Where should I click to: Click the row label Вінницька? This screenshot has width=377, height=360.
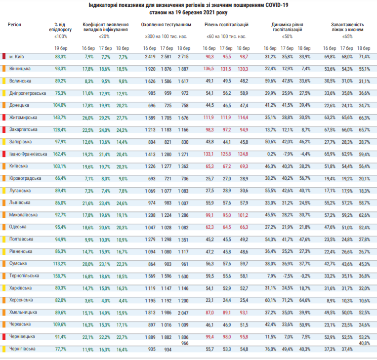tap(20, 69)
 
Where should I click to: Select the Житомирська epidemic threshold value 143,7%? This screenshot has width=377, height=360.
tap(60, 118)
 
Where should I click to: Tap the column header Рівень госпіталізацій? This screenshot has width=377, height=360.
tap(226, 25)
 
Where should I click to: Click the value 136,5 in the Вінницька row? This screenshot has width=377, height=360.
tap(209, 69)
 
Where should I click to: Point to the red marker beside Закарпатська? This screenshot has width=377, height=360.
tap(4, 129)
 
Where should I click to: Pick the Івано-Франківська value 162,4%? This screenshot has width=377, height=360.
tap(60, 154)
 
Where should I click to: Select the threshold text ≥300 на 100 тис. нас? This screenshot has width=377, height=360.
tap(166, 37)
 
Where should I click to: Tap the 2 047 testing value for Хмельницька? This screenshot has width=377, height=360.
tap(183, 313)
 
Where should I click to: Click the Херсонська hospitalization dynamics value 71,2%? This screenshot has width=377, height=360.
tap(287, 300)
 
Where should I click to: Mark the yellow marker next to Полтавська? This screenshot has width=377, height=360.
tap(4, 240)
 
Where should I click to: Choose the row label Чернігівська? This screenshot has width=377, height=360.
tap(22, 349)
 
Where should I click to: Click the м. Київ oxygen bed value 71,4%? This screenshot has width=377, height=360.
tap(364, 57)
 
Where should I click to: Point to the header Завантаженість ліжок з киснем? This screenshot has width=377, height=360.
tap(347, 27)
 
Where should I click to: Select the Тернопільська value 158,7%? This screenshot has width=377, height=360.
tap(60, 276)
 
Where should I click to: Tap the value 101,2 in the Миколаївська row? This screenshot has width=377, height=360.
tap(243, 215)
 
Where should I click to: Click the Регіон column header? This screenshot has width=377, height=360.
tap(14, 25)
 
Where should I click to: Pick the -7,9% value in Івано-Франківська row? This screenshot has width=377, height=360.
tap(287, 154)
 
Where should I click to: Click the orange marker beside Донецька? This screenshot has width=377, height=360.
tap(4, 105)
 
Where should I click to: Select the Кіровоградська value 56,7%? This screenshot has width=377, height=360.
tap(305, 178)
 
